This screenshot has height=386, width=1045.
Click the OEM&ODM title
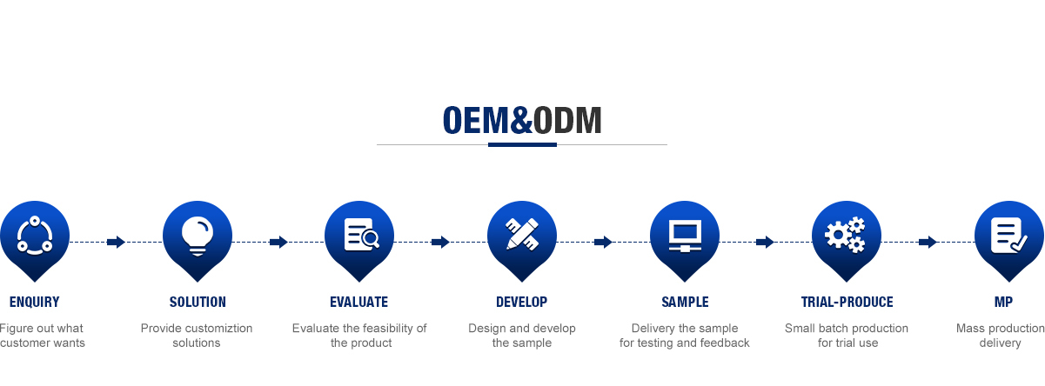point(522,121)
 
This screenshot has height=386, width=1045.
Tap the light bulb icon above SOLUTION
point(198,235)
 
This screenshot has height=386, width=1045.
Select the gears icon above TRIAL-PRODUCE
point(846,235)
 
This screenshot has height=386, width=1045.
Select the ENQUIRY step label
point(35,303)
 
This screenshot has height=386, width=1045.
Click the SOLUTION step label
point(198,303)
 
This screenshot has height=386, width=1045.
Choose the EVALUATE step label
point(358,303)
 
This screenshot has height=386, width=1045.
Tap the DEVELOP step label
point(521,303)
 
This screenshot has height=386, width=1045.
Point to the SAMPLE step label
point(685,303)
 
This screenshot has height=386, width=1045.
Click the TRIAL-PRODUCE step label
point(847,303)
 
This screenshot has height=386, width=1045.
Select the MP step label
point(1003,303)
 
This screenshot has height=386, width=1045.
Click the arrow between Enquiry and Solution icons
point(116,242)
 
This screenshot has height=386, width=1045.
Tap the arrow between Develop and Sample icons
point(603,242)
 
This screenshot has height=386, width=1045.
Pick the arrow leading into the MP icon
point(928,242)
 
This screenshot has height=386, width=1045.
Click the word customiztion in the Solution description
point(214,329)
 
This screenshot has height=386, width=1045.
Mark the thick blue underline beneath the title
point(522,144)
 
